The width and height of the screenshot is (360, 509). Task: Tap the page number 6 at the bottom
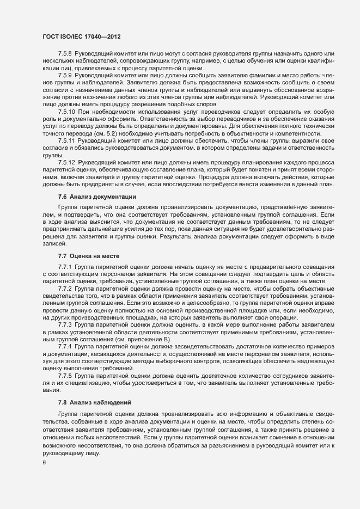click(x=44, y=463)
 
